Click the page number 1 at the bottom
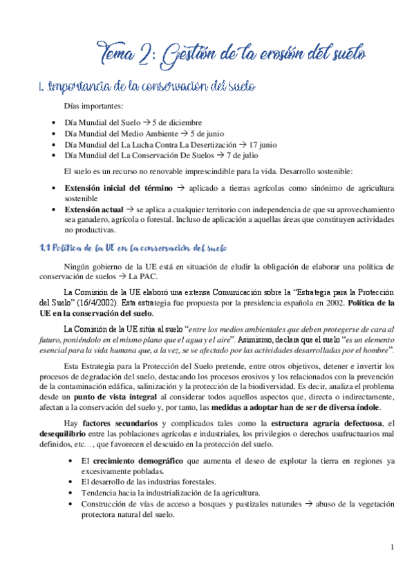392,548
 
